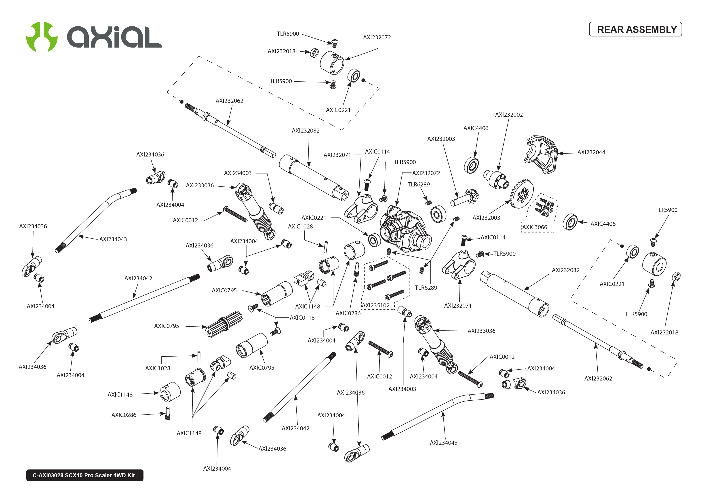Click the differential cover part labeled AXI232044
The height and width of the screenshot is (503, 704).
pyautogui.click(x=541, y=154)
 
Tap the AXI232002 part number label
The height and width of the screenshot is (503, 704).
pyautogui.click(x=509, y=115)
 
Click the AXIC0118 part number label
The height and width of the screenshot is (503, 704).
pyautogui.click(x=302, y=318)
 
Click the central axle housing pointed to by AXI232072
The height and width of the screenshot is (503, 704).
pyautogui.click(x=406, y=229)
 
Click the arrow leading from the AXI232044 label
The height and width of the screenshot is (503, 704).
pyautogui.click(x=567, y=153)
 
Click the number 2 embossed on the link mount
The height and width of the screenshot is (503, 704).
pyautogui.click(x=365, y=217)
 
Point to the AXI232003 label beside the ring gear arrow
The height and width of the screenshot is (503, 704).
pyautogui.click(x=486, y=218)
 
